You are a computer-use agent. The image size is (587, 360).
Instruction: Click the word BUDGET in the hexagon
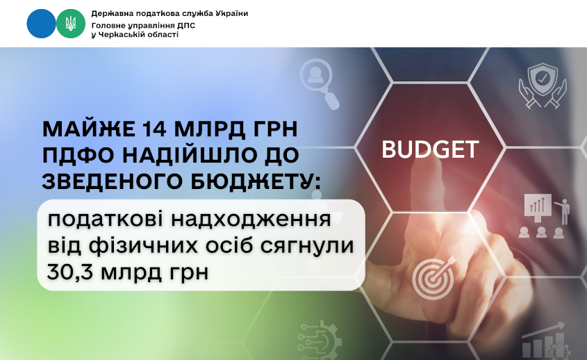click(430, 149)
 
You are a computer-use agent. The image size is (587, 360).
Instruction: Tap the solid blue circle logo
click(41, 24)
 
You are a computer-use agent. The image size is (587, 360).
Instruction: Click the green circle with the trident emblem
click(71, 24)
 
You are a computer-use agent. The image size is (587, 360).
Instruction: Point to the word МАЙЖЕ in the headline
click(89, 129)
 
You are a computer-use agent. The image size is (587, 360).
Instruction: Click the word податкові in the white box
click(106, 220)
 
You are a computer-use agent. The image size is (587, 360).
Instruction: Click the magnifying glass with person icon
click(320, 83)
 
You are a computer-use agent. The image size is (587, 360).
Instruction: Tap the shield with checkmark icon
click(543, 85)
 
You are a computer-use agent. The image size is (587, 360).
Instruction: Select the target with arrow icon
click(434, 277)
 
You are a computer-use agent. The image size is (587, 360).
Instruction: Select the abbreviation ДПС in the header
click(185, 26)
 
